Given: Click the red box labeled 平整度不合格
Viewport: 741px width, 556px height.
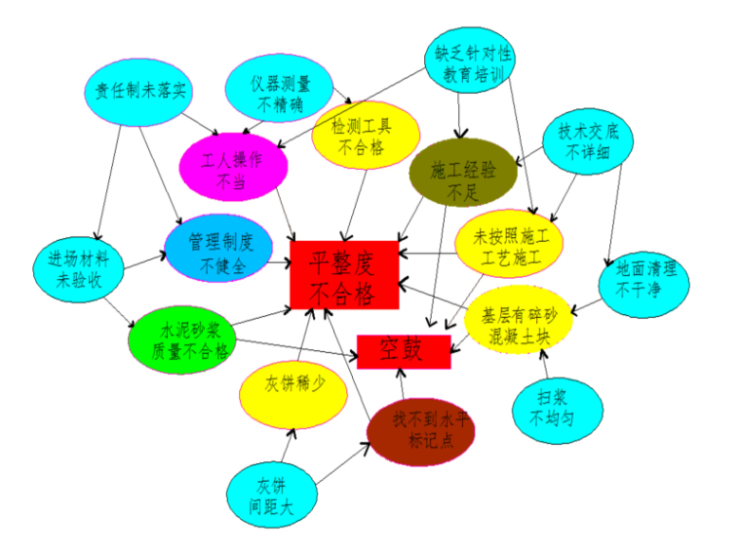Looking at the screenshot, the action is pos(344,274).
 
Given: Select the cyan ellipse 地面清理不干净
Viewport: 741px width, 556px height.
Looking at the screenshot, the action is pos(645,280).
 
